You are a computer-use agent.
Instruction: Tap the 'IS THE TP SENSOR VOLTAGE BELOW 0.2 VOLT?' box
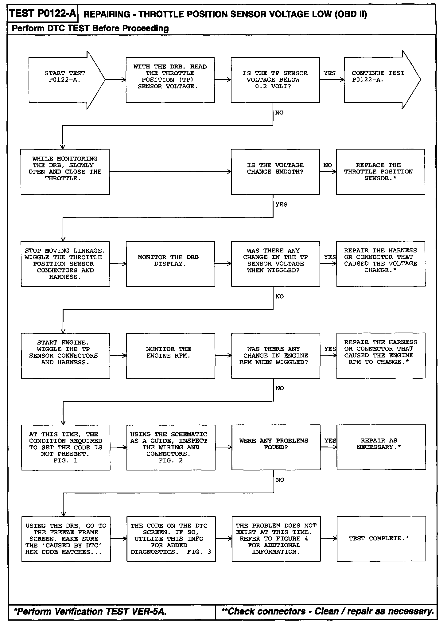[275, 80]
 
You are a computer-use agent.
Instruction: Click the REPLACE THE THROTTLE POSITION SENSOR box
[380, 172]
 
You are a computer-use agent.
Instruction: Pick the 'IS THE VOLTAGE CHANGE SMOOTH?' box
[275, 172]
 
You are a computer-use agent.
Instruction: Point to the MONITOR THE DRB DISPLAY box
[170, 264]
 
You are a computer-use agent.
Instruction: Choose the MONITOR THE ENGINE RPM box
[170, 356]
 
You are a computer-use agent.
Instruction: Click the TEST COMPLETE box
[381, 539]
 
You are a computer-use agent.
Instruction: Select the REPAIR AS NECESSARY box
[381, 447]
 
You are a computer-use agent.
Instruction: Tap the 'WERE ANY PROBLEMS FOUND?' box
[276, 447]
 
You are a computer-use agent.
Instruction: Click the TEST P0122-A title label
[42, 14]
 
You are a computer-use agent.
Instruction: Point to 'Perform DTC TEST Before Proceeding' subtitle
[90, 29]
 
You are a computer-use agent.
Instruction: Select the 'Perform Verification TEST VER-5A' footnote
[90, 611]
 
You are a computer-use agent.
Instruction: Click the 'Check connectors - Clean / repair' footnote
[328, 611]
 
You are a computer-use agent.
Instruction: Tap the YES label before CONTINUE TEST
[329, 73]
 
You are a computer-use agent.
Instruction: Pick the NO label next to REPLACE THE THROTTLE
[328, 165]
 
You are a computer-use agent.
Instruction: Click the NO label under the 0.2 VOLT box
[279, 113]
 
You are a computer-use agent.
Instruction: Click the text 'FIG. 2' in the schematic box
[171, 460]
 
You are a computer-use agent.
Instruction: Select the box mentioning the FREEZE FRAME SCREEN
[66, 539]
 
